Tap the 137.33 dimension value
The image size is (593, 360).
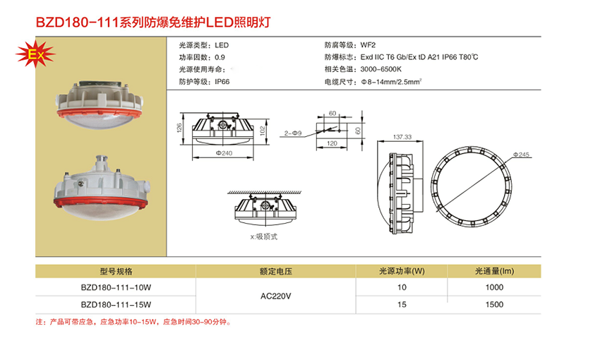tap(402, 137)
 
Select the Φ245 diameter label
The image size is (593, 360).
tap(522, 154)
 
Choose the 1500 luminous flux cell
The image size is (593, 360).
tap(494, 304)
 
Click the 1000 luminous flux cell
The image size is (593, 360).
tap(494, 287)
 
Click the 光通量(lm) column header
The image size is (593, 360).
tap(494, 271)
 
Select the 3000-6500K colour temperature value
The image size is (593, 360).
tap(381, 69)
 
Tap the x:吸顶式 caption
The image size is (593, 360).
tap(263, 237)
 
